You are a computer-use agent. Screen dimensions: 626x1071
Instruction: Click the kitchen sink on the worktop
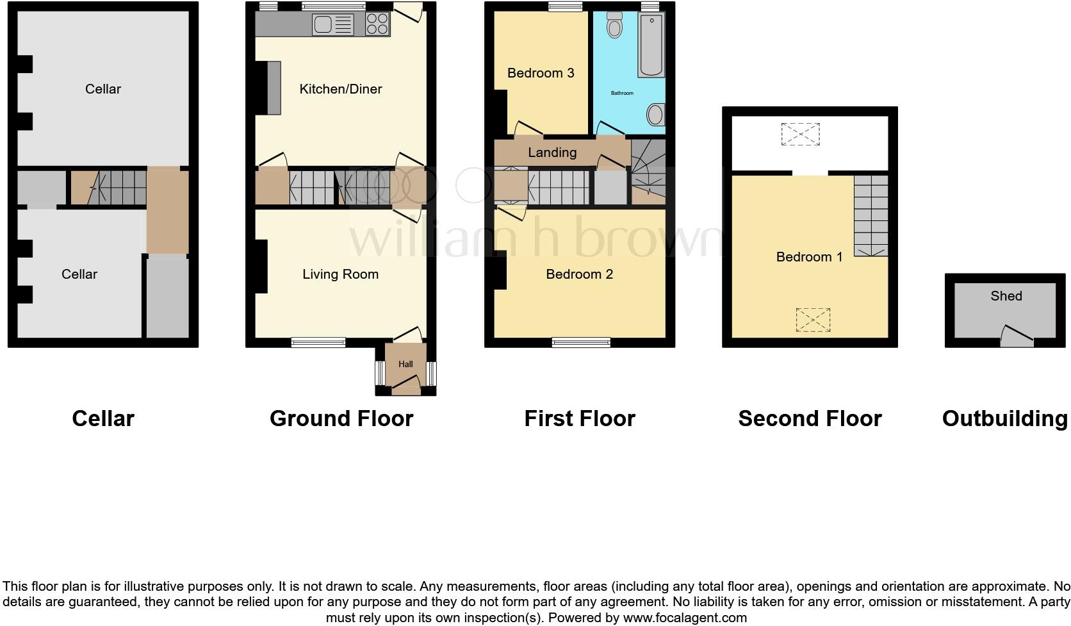[332, 25]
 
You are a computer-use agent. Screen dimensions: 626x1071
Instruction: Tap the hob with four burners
[378, 24]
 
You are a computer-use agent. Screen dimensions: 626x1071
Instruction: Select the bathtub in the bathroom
[651, 45]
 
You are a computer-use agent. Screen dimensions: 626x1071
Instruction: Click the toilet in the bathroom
[615, 26]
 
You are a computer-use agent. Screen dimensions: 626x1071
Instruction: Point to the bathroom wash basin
[655, 115]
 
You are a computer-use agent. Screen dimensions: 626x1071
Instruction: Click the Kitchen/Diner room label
[340, 89]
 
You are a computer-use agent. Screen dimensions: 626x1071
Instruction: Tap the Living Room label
[340, 274]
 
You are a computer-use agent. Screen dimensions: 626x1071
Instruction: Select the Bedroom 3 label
[540, 73]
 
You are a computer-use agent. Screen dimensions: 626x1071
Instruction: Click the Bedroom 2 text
[579, 274]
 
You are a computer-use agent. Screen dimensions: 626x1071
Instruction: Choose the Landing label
[552, 152]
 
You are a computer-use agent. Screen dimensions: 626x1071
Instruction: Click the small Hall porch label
[405, 364]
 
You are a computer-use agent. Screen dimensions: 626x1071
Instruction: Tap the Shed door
[1017, 337]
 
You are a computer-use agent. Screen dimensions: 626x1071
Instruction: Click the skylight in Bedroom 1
[813, 320]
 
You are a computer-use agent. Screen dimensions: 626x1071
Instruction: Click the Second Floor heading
[810, 418]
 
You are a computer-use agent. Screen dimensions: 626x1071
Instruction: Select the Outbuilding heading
[1004, 418]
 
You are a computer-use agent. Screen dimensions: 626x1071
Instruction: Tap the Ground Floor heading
[341, 418]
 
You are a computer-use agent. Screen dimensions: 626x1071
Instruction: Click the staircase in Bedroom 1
[871, 217]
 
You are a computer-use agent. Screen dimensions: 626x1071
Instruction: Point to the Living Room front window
[318, 342]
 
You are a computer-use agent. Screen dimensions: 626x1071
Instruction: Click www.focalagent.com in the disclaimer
[685, 618]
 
